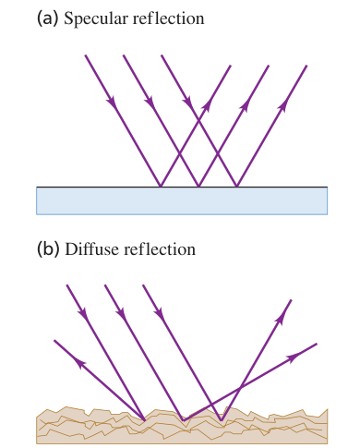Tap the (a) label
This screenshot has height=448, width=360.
pos(47,18)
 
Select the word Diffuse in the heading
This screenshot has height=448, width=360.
pos(92,249)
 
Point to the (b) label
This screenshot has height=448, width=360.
pos(48,249)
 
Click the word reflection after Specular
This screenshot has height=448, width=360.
pos(169,18)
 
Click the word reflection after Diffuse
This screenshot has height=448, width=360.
pos(160,249)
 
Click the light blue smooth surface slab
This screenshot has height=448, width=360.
pos(182,200)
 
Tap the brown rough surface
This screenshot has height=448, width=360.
pos(182,427)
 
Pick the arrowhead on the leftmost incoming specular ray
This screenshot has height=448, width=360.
pos(113,102)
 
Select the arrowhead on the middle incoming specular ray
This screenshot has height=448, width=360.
pos(150,102)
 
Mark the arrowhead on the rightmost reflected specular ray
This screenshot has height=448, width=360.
pos(283,104)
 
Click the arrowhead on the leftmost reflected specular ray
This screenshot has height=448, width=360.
pos(208,104)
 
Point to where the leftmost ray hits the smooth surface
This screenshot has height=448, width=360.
pos(161,187)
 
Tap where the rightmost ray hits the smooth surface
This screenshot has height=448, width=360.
pos(236,187)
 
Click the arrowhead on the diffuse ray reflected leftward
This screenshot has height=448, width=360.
pos(80,363)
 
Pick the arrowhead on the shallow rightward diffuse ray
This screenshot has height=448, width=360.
pos(293,357)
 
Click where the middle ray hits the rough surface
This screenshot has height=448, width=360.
pos(183,420)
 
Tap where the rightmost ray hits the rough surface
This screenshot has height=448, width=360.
pos(222,420)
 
